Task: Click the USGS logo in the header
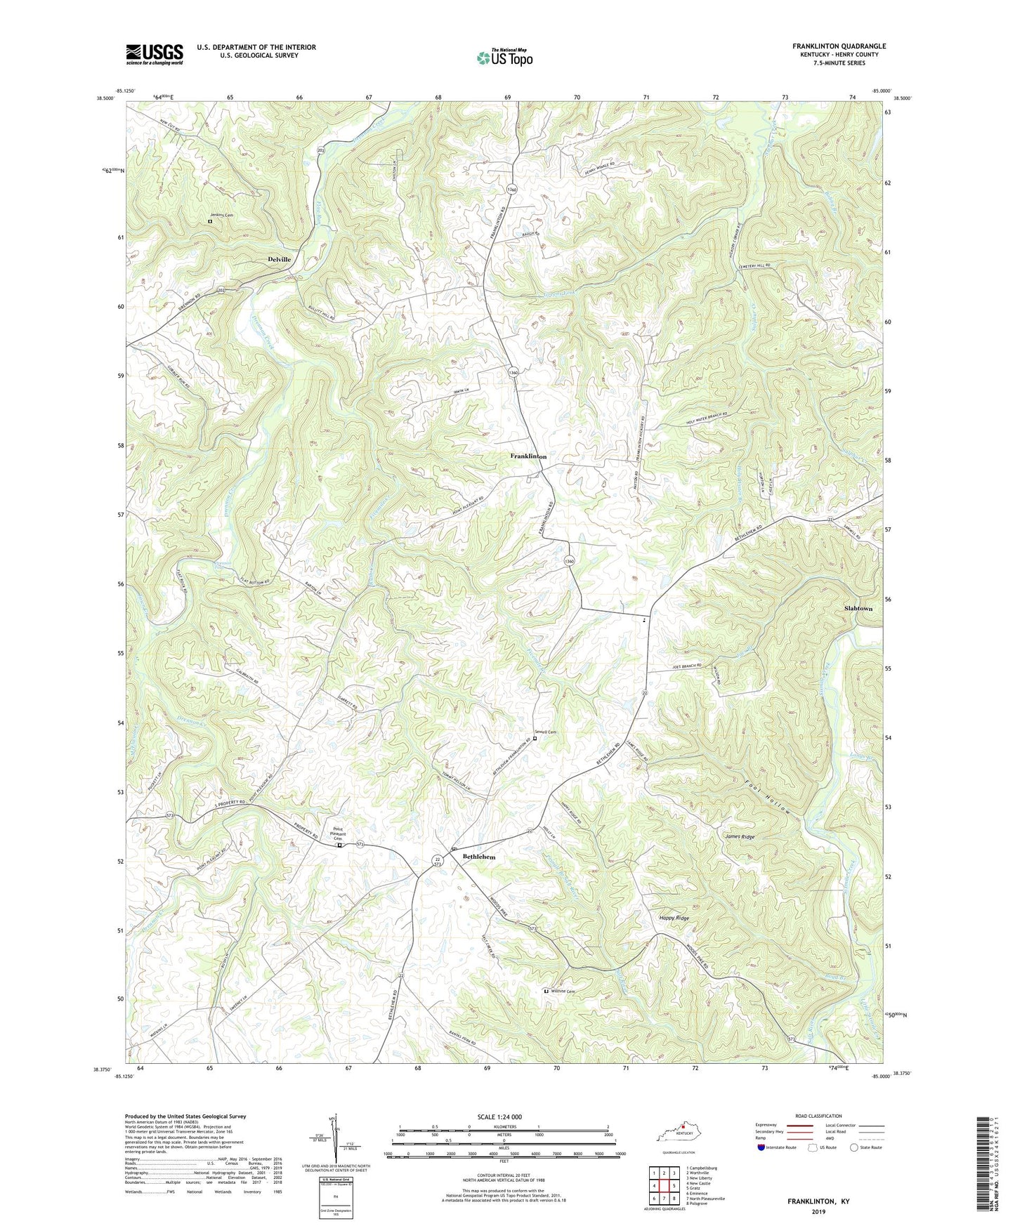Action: tap(155, 54)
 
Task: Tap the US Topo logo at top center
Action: tap(504, 58)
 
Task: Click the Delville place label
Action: tap(279, 259)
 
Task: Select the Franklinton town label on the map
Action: tap(528, 456)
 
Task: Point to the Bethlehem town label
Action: tap(478, 857)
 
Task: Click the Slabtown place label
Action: tap(858, 608)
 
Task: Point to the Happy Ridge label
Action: tap(674, 918)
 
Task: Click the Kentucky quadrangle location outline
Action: tap(677, 1136)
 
